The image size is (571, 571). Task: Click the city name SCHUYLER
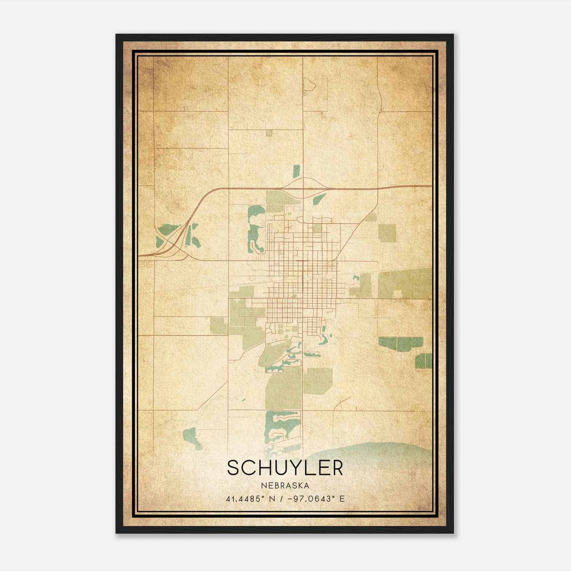click(x=285, y=468)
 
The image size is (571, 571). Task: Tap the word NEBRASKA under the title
click(x=285, y=486)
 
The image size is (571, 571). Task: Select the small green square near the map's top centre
click(x=269, y=133)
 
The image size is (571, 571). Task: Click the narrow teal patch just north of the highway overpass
click(x=296, y=171)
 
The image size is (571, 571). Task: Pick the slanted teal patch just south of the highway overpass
click(x=319, y=199)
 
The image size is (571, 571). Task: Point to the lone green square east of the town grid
click(x=387, y=233)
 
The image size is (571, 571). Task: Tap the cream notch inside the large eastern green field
click(x=397, y=294)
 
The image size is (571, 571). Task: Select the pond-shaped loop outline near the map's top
click(x=309, y=84)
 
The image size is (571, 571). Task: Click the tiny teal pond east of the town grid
click(x=355, y=278)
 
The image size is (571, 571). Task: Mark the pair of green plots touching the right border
click(x=424, y=361)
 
